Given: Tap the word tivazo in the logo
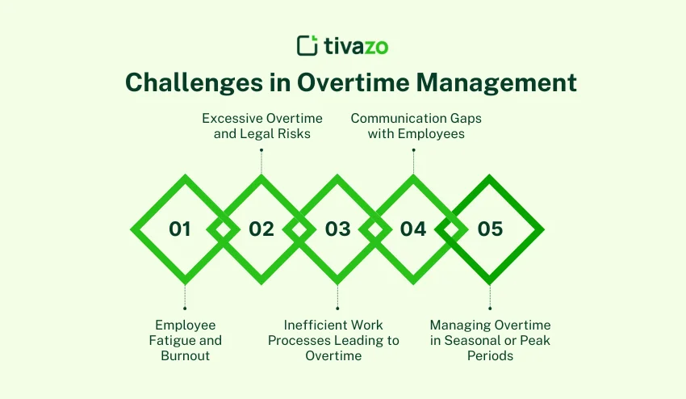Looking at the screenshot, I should [356, 45].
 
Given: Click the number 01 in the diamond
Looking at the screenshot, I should [180, 229].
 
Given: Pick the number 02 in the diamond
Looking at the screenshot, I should [261, 229].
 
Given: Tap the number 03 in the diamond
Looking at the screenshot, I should [338, 229].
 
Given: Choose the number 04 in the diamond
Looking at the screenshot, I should [413, 229].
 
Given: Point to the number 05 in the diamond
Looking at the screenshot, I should [490, 229].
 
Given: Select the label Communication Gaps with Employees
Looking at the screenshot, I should [416, 126].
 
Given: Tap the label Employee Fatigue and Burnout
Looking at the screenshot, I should [185, 340].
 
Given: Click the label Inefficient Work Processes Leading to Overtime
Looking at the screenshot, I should [333, 340].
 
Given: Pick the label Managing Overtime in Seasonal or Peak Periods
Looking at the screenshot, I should [490, 340].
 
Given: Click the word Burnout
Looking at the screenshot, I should [185, 355].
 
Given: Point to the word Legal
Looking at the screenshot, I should [257, 133].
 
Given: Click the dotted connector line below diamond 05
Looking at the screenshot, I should [490, 296].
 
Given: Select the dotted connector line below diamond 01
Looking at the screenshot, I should [185, 296].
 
